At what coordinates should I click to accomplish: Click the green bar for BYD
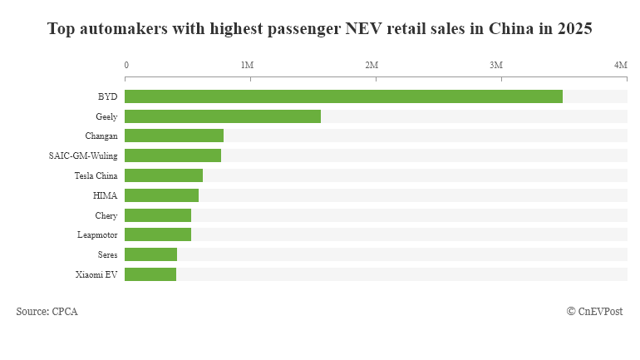(343, 96)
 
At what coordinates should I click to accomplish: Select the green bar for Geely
(223, 116)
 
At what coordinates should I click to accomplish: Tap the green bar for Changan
(174, 136)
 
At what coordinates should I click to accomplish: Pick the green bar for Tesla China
(164, 175)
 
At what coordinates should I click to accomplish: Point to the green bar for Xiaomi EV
(150, 274)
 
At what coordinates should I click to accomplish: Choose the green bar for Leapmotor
(158, 234)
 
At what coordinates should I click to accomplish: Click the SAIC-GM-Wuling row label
(83, 155)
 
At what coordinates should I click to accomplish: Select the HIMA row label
(105, 195)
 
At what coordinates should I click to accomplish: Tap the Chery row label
(107, 215)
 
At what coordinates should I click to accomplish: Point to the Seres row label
(107, 254)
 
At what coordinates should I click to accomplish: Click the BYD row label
(107, 96)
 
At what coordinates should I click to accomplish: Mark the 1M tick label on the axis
(247, 65)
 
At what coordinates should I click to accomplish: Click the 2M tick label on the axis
(372, 65)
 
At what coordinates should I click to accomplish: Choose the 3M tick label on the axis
(496, 65)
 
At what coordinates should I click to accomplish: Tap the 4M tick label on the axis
(620, 65)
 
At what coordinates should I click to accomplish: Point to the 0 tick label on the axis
(126, 65)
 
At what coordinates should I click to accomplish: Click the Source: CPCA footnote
(47, 312)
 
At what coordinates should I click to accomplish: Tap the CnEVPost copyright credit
(594, 312)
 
